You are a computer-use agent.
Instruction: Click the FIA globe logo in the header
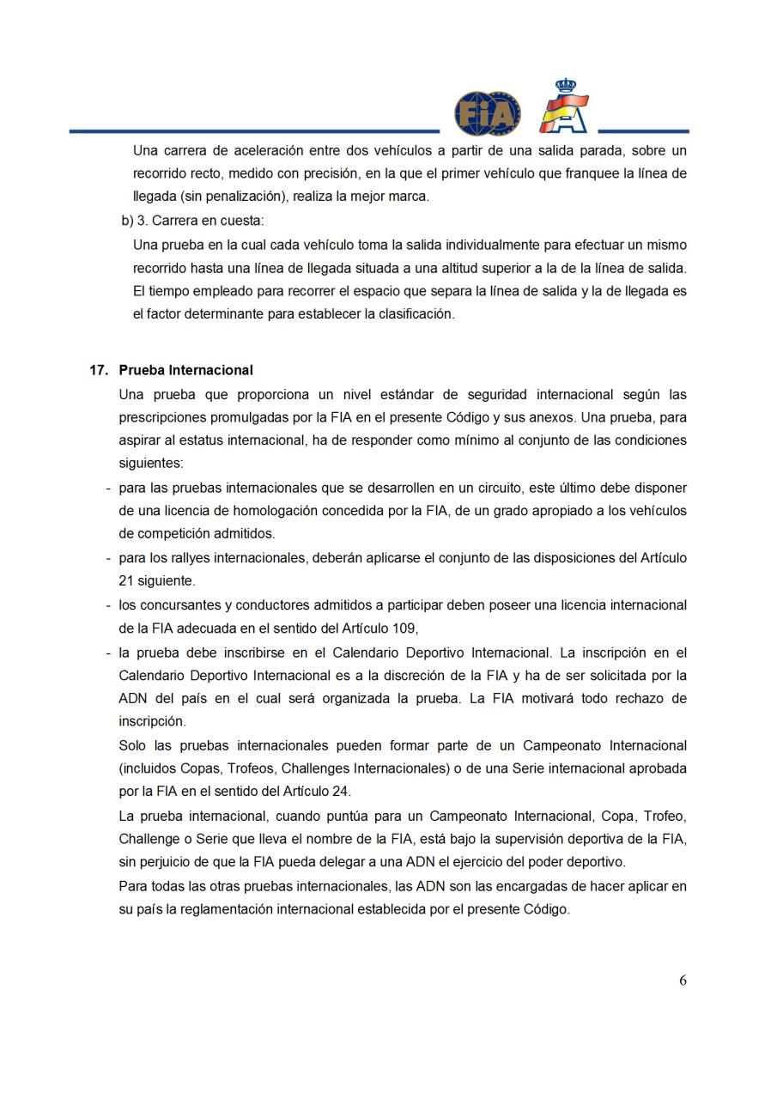(x=487, y=114)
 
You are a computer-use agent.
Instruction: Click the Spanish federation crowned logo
(x=564, y=107)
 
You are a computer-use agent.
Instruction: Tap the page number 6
(x=683, y=981)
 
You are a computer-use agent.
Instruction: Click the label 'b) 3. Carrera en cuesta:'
(x=193, y=220)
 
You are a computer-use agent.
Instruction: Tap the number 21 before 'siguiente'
(x=126, y=581)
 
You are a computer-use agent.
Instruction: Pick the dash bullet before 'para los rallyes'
(x=108, y=558)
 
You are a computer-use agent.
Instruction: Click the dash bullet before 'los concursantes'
(x=108, y=605)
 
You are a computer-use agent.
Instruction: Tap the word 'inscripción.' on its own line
(x=152, y=721)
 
